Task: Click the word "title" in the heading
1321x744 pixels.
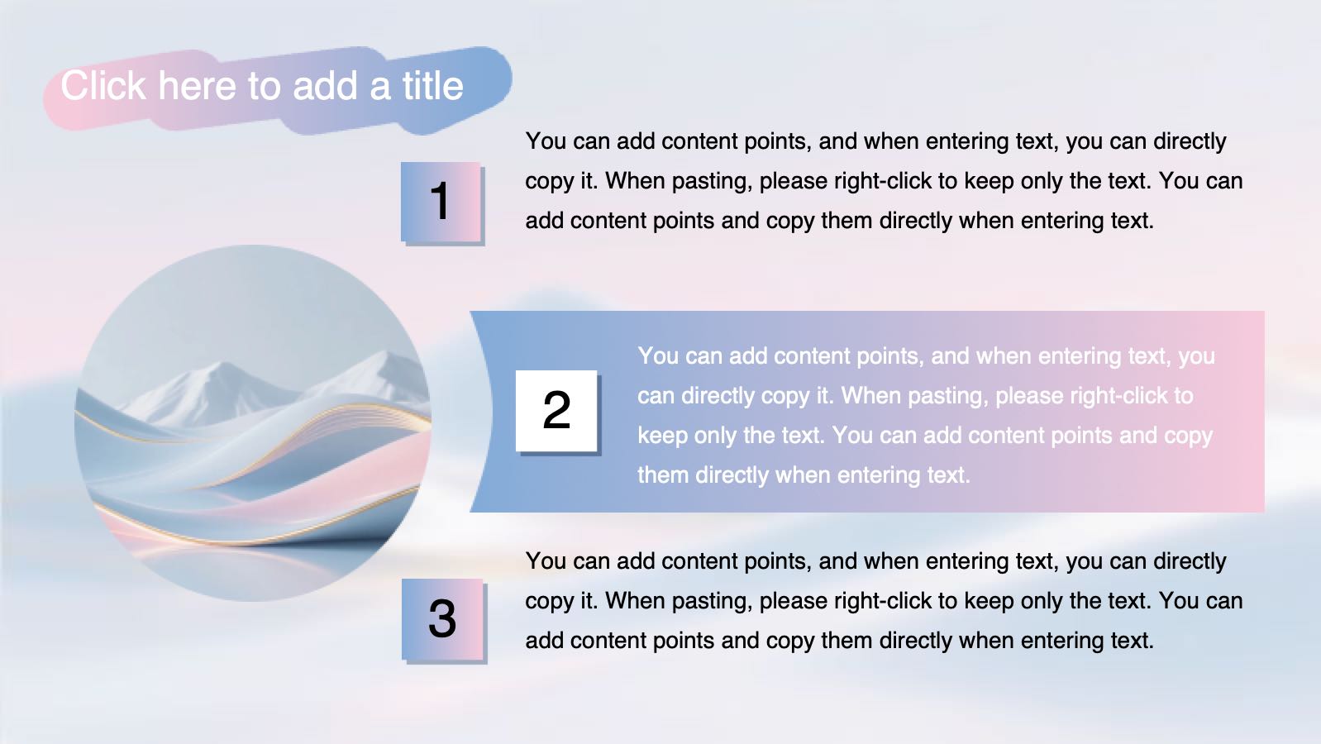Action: click(x=433, y=86)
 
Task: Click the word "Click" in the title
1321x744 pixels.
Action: click(x=103, y=86)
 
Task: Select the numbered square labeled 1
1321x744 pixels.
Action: click(x=441, y=202)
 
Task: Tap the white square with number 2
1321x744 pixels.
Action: click(x=556, y=410)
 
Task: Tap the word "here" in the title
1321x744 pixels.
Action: click(x=197, y=86)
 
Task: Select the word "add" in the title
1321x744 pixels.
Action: click(x=325, y=86)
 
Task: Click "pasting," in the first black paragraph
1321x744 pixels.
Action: click(x=713, y=182)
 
